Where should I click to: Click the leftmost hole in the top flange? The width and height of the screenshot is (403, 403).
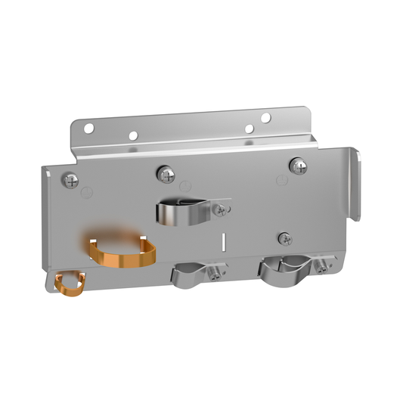pos(88,129)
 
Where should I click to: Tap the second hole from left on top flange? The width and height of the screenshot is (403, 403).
pos(133,136)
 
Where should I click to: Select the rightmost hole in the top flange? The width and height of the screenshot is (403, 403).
pos(265,117)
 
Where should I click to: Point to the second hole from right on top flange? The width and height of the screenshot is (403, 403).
pos(249,129)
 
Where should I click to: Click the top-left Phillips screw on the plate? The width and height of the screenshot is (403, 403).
pos(70,180)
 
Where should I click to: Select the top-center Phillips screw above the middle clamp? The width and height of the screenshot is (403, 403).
pos(166,175)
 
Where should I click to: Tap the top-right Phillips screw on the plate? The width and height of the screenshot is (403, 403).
pos(299,166)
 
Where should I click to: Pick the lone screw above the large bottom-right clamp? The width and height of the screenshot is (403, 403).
pos(285,238)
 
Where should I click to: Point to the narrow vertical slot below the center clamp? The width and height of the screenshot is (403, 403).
pos(224,243)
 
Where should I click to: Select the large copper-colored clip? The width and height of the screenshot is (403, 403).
pos(121,252)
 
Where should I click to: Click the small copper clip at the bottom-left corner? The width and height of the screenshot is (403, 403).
pos(70,284)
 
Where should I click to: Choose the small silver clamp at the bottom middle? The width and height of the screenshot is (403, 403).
pos(189,274)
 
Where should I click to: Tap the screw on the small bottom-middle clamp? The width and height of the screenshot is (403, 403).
pos(218,274)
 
